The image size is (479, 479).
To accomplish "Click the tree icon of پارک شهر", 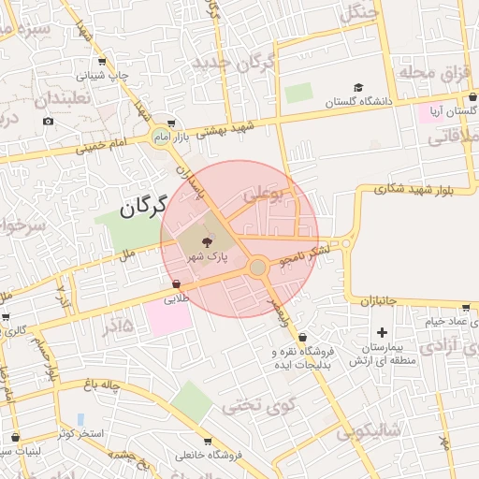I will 207,242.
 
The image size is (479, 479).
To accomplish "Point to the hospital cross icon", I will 382,332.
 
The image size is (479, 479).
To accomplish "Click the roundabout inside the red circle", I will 258,269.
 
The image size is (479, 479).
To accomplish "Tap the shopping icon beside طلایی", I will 176,284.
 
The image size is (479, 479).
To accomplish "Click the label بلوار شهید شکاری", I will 417,191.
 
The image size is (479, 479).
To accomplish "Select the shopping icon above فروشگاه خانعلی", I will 207,442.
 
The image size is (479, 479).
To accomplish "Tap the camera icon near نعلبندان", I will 48,121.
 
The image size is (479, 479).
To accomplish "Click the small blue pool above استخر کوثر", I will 80,419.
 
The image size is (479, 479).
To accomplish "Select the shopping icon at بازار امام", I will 170,122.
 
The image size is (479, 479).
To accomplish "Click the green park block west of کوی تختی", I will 193,401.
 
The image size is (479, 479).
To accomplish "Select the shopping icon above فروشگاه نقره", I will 302,338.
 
